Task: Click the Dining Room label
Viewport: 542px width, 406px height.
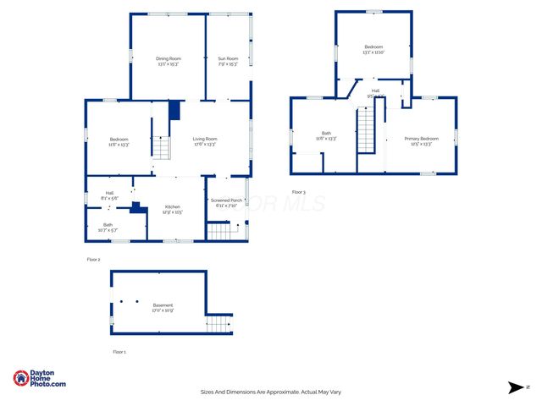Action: point(167,58)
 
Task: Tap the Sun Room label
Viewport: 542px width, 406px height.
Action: point(228,58)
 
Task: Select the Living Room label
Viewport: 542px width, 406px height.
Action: point(204,139)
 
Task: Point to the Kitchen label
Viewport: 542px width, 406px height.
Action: point(172,207)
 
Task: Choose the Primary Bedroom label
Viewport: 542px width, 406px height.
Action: point(421,139)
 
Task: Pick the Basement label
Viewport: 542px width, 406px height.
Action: point(163,305)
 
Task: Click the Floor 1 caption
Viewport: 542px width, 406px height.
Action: point(119,351)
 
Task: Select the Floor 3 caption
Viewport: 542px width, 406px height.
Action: point(298,192)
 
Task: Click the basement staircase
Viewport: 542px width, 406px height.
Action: point(218,324)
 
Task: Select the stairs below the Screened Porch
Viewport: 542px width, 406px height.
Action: point(219,229)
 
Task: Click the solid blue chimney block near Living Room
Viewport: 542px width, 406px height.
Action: point(174,111)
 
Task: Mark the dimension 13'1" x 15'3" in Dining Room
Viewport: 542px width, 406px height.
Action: point(167,64)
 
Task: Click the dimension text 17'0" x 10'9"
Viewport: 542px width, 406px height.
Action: point(163,310)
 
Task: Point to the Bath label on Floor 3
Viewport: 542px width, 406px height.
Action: point(326,133)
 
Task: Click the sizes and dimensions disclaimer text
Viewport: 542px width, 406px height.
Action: point(270,392)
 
